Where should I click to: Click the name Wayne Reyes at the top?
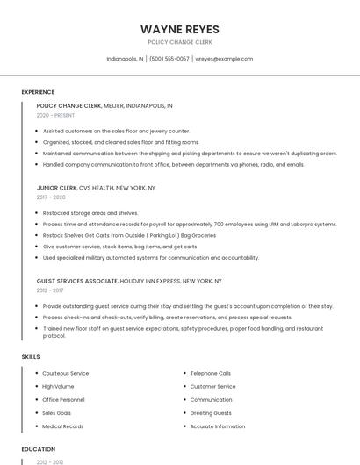pyautogui.click(x=180, y=29)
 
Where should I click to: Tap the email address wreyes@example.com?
pyautogui.click(x=224, y=59)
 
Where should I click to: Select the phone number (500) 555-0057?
pyautogui.click(x=169, y=59)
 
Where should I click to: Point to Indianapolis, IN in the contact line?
pyautogui.click(x=125, y=59)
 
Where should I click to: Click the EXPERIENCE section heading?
pyautogui.click(x=38, y=92)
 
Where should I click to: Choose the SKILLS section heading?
pyautogui.click(x=31, y=356)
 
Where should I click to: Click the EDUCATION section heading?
pyautogui.click(x=39, y=449)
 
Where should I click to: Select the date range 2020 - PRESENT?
pyautogui.click(x=56, y=115)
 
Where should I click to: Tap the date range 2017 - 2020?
pyautogui.click(x=51, y=197)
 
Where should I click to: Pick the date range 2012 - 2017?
pyautogui.click(x=50, y=290)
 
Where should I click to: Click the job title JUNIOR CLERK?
pyautogui.click(x=56, y=188)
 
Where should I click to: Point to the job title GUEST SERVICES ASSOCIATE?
pyautogui.click(x=77, y=281)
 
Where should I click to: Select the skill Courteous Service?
pyautogui.click(x=66, y=373)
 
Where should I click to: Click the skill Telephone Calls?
pyautogui.click(x=211, y=373)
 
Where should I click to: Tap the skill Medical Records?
pyautogui.click(x=63, y=426)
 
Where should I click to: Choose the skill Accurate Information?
pyautogui.click(x=218, y=426)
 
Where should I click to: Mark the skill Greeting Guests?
pyautogui.click(x=211, y=413)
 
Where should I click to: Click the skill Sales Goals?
pyautogui.click(x=57, y=413)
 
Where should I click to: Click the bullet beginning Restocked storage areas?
pyautogui.click(x=90, y=212)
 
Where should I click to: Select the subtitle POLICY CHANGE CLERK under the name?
pyautogui.click(x=180, y=42)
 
